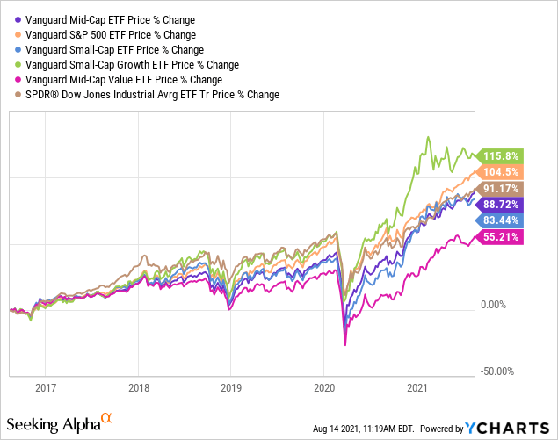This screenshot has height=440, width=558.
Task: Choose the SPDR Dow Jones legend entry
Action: [141, 94]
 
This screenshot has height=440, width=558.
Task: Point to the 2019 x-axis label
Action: [231, 386]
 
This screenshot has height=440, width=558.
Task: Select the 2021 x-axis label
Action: [417, 386]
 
